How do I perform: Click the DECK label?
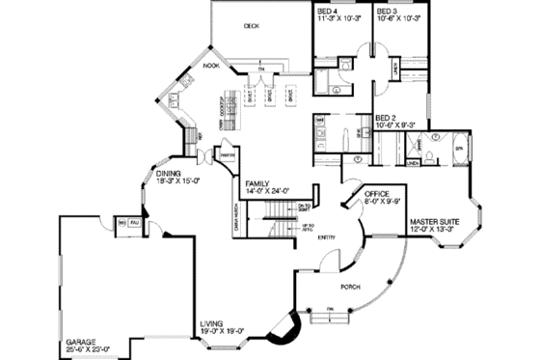[252, 26]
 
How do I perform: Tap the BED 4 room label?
[329, 11]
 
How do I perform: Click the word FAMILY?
[256, 183]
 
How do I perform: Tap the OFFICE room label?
[377, 193]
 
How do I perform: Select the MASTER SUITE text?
[431, 221]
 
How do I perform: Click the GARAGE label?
[81, 341]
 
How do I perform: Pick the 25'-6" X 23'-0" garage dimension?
[88, 348]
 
